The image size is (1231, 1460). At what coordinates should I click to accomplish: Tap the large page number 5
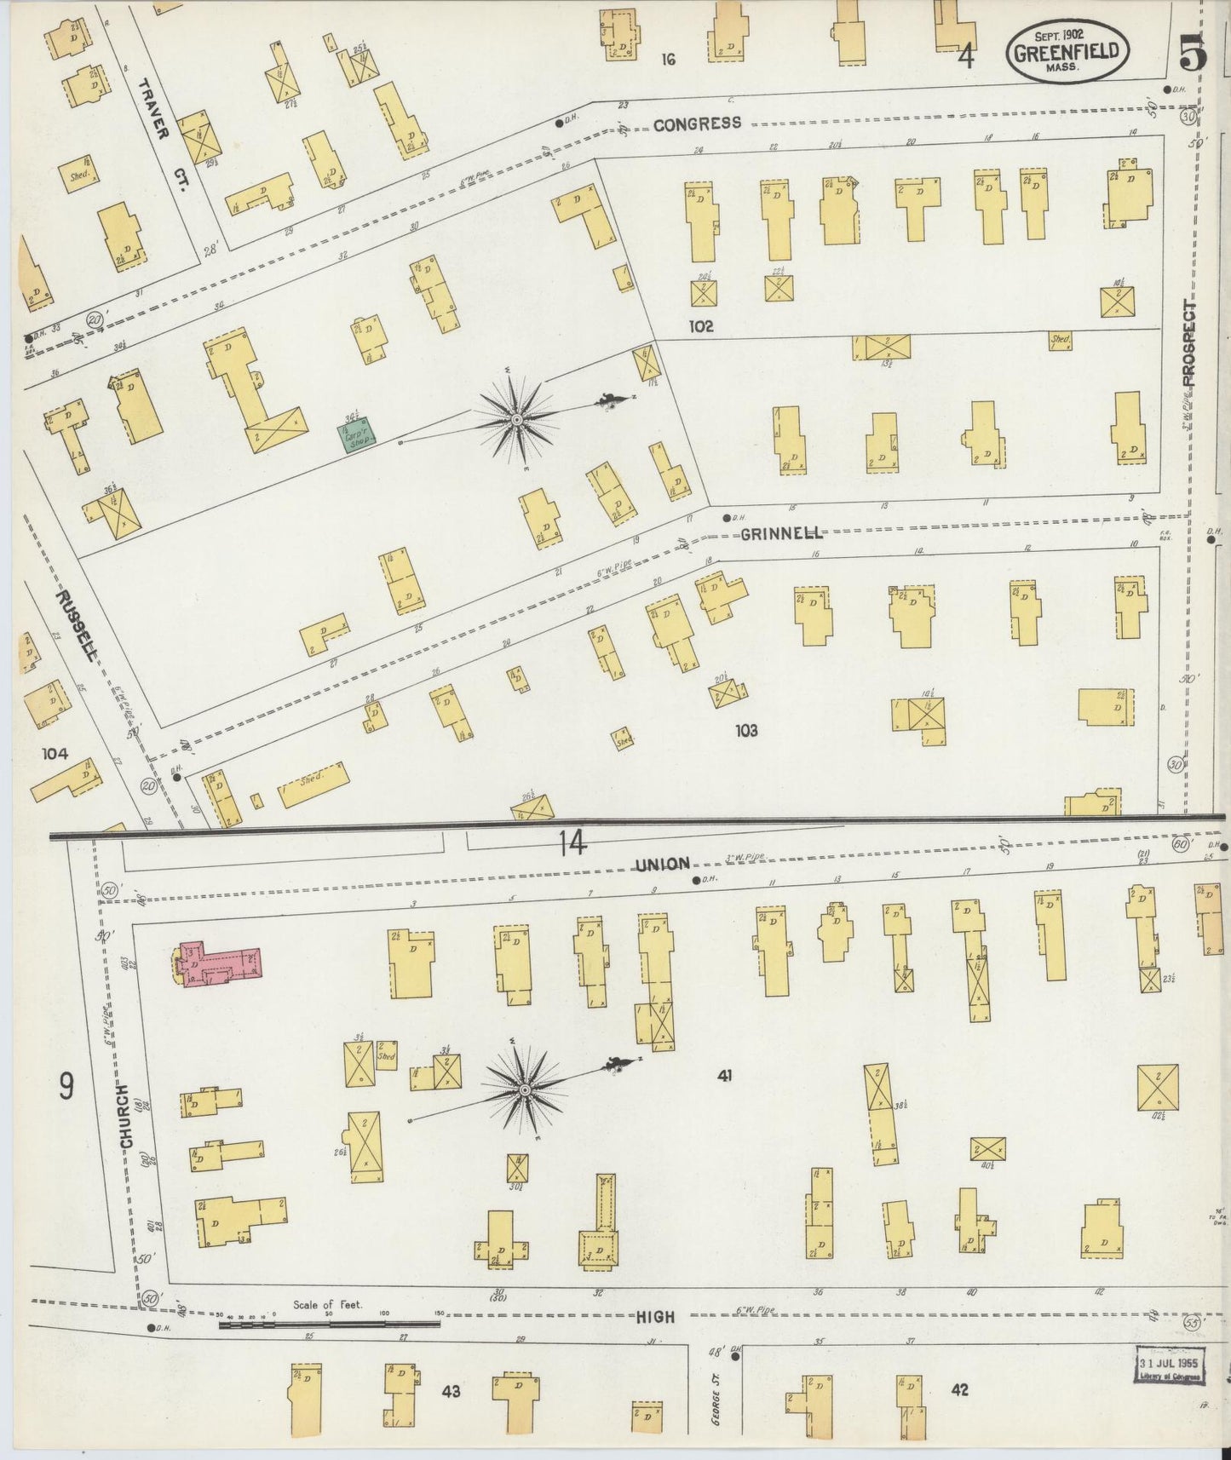pos(1193,56)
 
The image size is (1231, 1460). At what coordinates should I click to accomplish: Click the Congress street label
pos(697,124)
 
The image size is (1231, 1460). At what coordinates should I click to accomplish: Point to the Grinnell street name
pos(781,533)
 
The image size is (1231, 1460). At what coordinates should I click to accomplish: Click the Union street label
pos(662,864)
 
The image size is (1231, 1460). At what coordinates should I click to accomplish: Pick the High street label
pos(655,1316)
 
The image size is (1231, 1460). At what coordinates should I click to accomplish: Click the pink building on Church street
pos(219,963)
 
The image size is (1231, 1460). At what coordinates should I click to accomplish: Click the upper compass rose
pos(516,419)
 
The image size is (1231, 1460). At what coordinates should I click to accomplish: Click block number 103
pos(746,730)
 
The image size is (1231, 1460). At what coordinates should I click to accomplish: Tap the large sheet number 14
pos(572,843)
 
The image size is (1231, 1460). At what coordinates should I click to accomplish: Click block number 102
pos(702,326)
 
